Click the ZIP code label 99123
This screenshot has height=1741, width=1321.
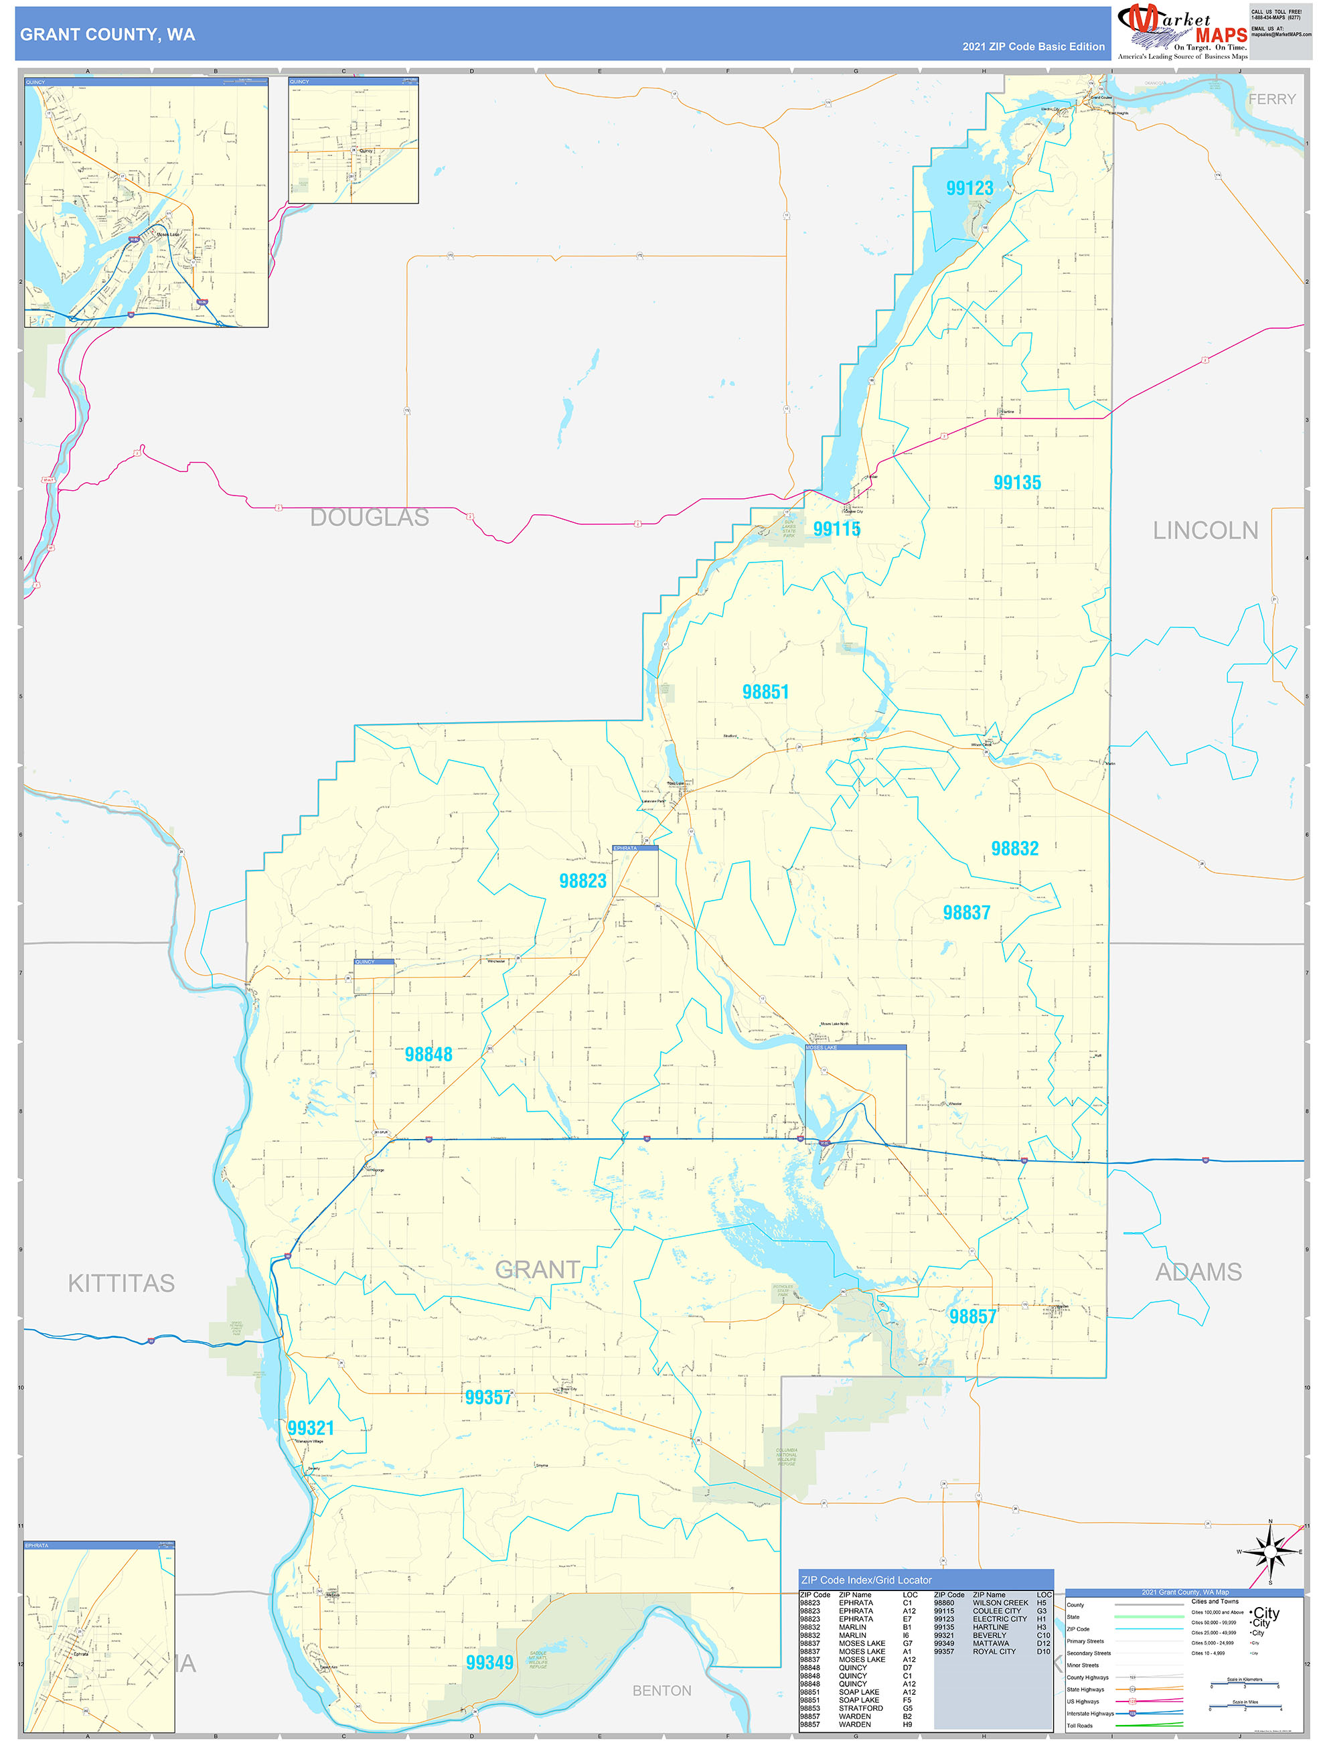[x=969, y=188]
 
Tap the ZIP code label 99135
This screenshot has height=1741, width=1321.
[x=1016, y=483]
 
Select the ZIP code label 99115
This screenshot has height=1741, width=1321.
[x=836, y=529]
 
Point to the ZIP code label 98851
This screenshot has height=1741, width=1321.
[x=765, y=692]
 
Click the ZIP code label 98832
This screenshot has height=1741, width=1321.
[x=1014, y=848]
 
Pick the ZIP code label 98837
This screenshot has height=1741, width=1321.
[x=966, y=912]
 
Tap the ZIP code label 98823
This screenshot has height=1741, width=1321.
[x=582, y=881]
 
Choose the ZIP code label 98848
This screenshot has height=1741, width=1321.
[x=428, y=1054]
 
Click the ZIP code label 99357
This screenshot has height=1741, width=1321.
[x=488, y=1397]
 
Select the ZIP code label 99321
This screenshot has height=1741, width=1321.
[x=310, y=1428]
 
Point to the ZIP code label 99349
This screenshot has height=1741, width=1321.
[x=489, y=1662]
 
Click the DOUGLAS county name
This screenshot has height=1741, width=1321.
[x=369, y=517]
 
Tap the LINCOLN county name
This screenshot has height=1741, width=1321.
[x=1205, y=530]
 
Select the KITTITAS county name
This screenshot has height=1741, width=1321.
[x=121, y=1283]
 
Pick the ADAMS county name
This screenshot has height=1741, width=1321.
[x=1198, y=1272]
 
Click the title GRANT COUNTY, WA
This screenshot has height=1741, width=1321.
[x=108, y=35]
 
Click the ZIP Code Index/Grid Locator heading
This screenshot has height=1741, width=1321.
[x=866, y=1580]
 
